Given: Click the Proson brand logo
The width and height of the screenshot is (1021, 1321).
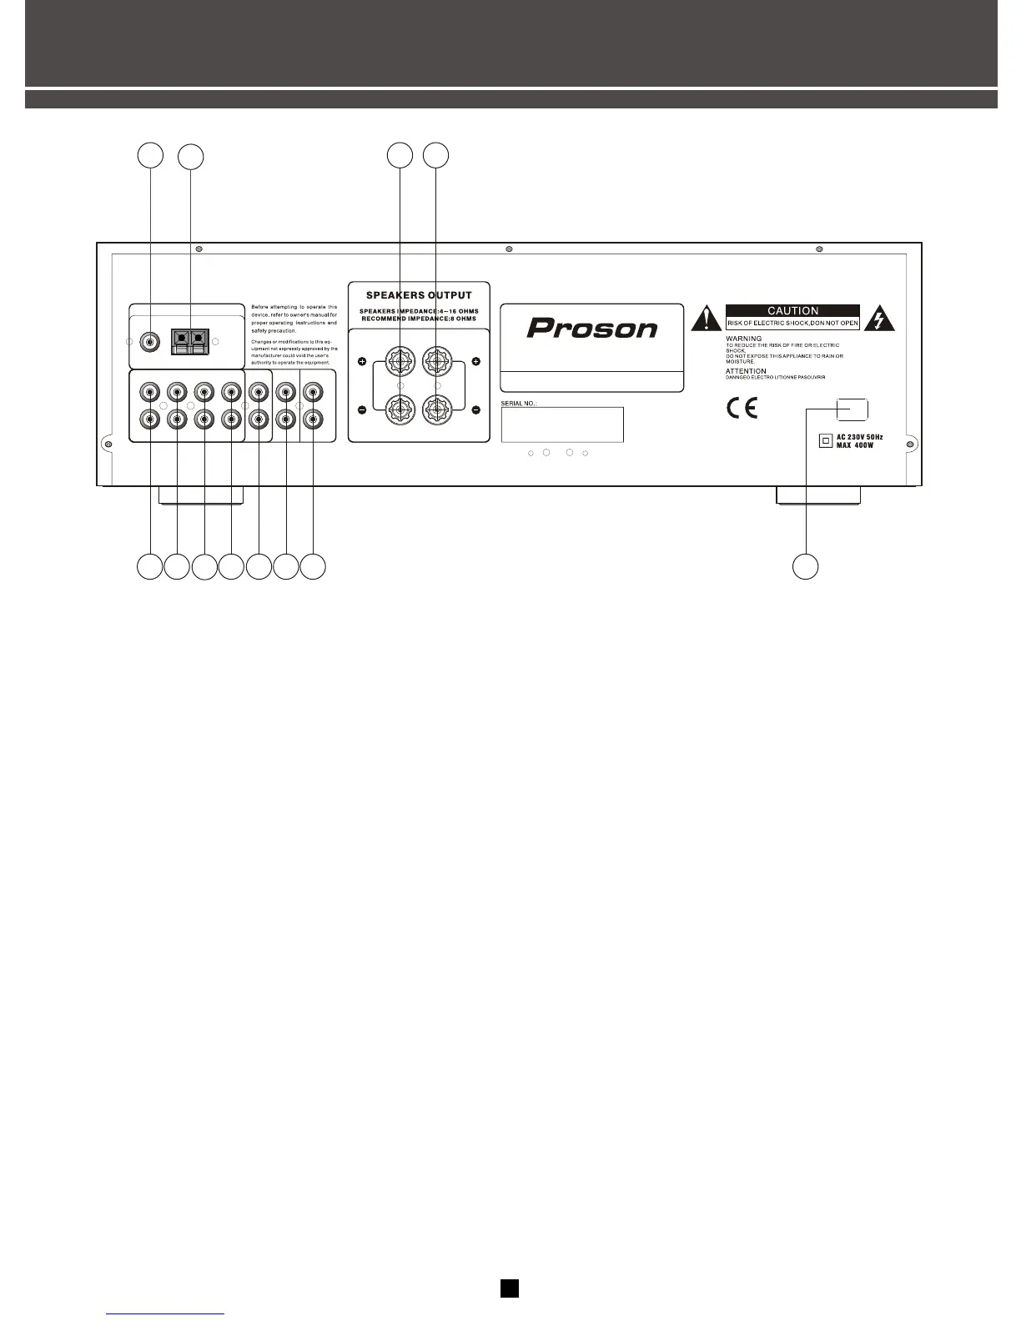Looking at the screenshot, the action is pyautogui.click(x=591, y=328).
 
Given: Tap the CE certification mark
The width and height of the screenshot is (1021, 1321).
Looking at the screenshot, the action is pyautogui.click(x=742, y=409).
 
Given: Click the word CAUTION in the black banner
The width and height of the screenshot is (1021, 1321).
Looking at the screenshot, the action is pyautogui.click(x=792, y=310).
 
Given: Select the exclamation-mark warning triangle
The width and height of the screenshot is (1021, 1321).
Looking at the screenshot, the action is pyautogui.click(x=707, y=318).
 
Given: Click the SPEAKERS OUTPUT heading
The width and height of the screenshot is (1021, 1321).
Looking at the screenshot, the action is pyautogui.click(x=419, y=295).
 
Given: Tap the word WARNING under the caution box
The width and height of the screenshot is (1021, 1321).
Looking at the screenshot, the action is pyautogui.click(x=743, y=339).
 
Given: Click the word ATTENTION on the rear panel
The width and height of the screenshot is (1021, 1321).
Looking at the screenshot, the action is pyautogui.click(x=746, y=371).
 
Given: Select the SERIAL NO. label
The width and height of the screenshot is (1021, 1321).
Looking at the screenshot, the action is pyautogui.click(x=519, y=403).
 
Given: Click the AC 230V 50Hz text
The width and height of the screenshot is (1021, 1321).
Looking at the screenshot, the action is pyautogui.click(x=859, y=437).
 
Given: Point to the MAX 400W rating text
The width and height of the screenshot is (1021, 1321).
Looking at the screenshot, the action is pyautogui.click(x=855, y=445).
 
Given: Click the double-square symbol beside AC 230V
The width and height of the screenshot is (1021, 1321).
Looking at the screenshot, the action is pyautogui.click(x=826, y=441).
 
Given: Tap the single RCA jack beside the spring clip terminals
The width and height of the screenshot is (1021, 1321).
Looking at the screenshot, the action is pyautogui.click(x=150, y=341).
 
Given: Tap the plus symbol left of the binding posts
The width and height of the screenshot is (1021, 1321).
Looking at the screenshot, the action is pyautogui.click(x=362, y=362).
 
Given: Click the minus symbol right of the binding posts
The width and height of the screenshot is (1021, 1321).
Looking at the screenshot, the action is pyautogui.click(x=475, y=409).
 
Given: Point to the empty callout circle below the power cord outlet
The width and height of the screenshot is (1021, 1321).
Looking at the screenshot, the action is pyautogui.click(x=805, y=566).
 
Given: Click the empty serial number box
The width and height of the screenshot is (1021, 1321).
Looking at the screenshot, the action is pyautogui.click(x=561, y=424).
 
